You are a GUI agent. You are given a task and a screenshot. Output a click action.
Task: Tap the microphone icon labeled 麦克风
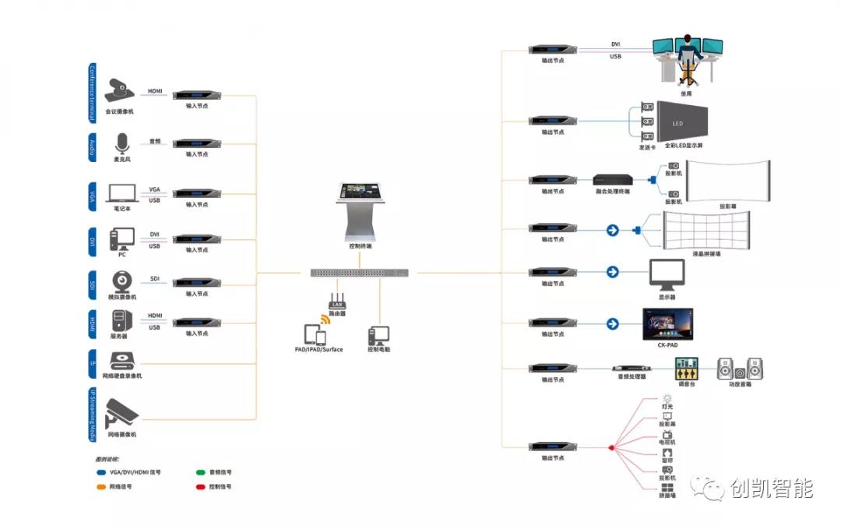(x=121, y=143)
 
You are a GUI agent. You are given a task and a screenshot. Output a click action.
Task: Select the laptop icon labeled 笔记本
(x=121, y=193)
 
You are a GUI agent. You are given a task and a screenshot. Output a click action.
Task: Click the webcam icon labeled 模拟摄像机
(x=121, y=281)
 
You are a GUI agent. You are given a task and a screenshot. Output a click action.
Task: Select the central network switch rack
(x=359, y=273)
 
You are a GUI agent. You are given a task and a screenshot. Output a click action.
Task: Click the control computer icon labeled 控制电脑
(x=377, y=336)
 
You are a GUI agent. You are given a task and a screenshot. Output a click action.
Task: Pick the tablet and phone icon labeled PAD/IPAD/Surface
(x=315, y=334)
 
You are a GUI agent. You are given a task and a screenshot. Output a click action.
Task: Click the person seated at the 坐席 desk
(x=687, y=58)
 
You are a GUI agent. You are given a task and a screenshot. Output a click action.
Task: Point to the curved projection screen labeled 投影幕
(x=729, y=182)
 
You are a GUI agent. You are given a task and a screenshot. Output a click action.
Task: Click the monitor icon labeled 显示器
(x=667, y=274)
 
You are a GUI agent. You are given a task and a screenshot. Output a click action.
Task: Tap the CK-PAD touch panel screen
(x=667, y=323)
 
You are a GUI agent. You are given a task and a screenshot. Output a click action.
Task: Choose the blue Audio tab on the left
(x=93, y=147)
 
